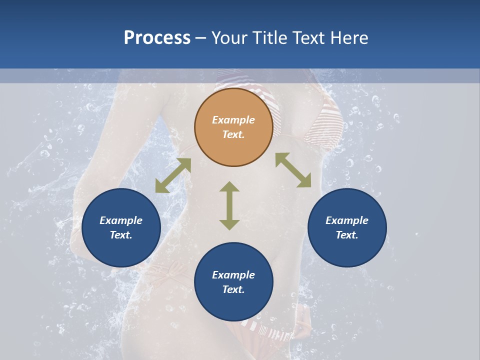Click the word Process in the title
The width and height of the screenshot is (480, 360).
tap(157, 38)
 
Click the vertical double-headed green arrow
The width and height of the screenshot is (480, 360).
tap(229, 205)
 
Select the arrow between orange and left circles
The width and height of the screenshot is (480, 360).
tap(173, 175)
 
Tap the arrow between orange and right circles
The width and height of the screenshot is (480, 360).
tap(293, 170)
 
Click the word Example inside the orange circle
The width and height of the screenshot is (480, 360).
tap(233, 120)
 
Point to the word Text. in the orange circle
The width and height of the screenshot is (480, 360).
tap(233, 134)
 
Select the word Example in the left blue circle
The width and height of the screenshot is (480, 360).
tap(121, 220)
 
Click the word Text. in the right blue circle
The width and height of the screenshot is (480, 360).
tap(347, 235)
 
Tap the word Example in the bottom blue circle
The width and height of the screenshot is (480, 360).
tap(233, 275)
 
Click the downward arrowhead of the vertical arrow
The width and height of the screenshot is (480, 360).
tap(229, 224)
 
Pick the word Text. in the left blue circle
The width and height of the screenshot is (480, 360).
tap(121, 235)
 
